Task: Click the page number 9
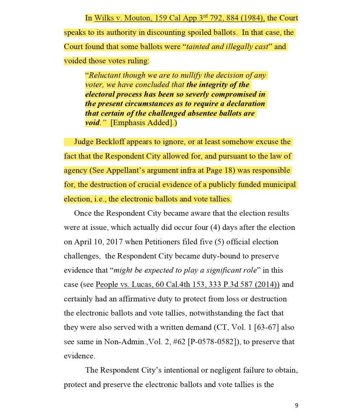(x=296, y=405)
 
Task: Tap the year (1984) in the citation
(x=252, y=18)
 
